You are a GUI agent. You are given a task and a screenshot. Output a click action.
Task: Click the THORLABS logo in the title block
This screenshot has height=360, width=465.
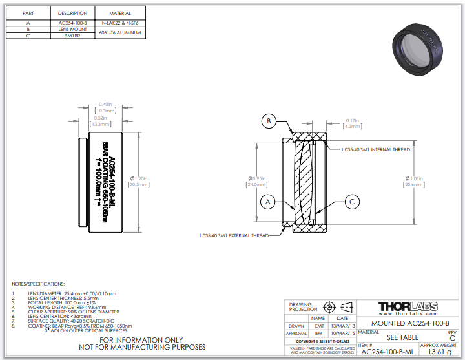[x=408, y=306]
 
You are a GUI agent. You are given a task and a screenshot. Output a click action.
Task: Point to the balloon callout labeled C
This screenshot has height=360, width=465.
[x=352, y=202]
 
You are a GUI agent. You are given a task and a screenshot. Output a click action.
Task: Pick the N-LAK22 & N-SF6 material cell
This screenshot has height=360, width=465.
[x=120, y=22]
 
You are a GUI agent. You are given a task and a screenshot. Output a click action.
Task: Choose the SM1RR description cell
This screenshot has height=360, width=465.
[x=73, y=36]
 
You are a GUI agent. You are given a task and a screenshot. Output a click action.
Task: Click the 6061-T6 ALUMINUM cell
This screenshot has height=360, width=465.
[x=120, y=33]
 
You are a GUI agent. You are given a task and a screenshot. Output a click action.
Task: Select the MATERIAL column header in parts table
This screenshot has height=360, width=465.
[x=120, y=13]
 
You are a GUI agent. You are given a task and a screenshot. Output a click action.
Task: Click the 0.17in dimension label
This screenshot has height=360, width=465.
[x=352, y=120]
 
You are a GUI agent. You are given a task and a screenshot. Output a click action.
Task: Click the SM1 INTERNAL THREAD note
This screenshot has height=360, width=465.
[x=375, y=149]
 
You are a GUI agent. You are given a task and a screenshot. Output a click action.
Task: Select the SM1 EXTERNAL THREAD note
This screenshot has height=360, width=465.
[x=233, y=235]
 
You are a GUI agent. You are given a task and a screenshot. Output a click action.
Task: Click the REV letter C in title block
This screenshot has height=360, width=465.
[x=451, y=338]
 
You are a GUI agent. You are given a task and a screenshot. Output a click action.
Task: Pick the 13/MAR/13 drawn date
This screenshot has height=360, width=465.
[x=342, y=326]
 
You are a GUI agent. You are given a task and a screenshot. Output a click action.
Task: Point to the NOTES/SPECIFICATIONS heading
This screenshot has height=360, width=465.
[x=39, y=284]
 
